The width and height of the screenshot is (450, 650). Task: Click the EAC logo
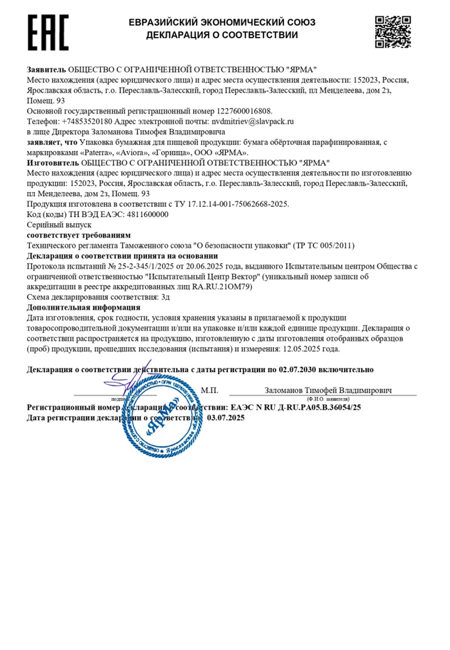pyautogui.click(x=48, y=32)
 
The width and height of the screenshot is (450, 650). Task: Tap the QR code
pyautogui.click(x=393, y=32)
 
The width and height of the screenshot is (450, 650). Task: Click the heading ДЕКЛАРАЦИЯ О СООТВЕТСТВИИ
pyautogui.click(x=222, y=35)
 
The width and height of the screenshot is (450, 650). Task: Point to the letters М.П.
pyautogui.click(x=210, y=390)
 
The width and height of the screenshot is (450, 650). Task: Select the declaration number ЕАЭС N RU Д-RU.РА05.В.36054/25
pyautogui.click(x=298, y=407)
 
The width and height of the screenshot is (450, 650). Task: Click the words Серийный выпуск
pyautogui.click(x=51, y=224)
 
